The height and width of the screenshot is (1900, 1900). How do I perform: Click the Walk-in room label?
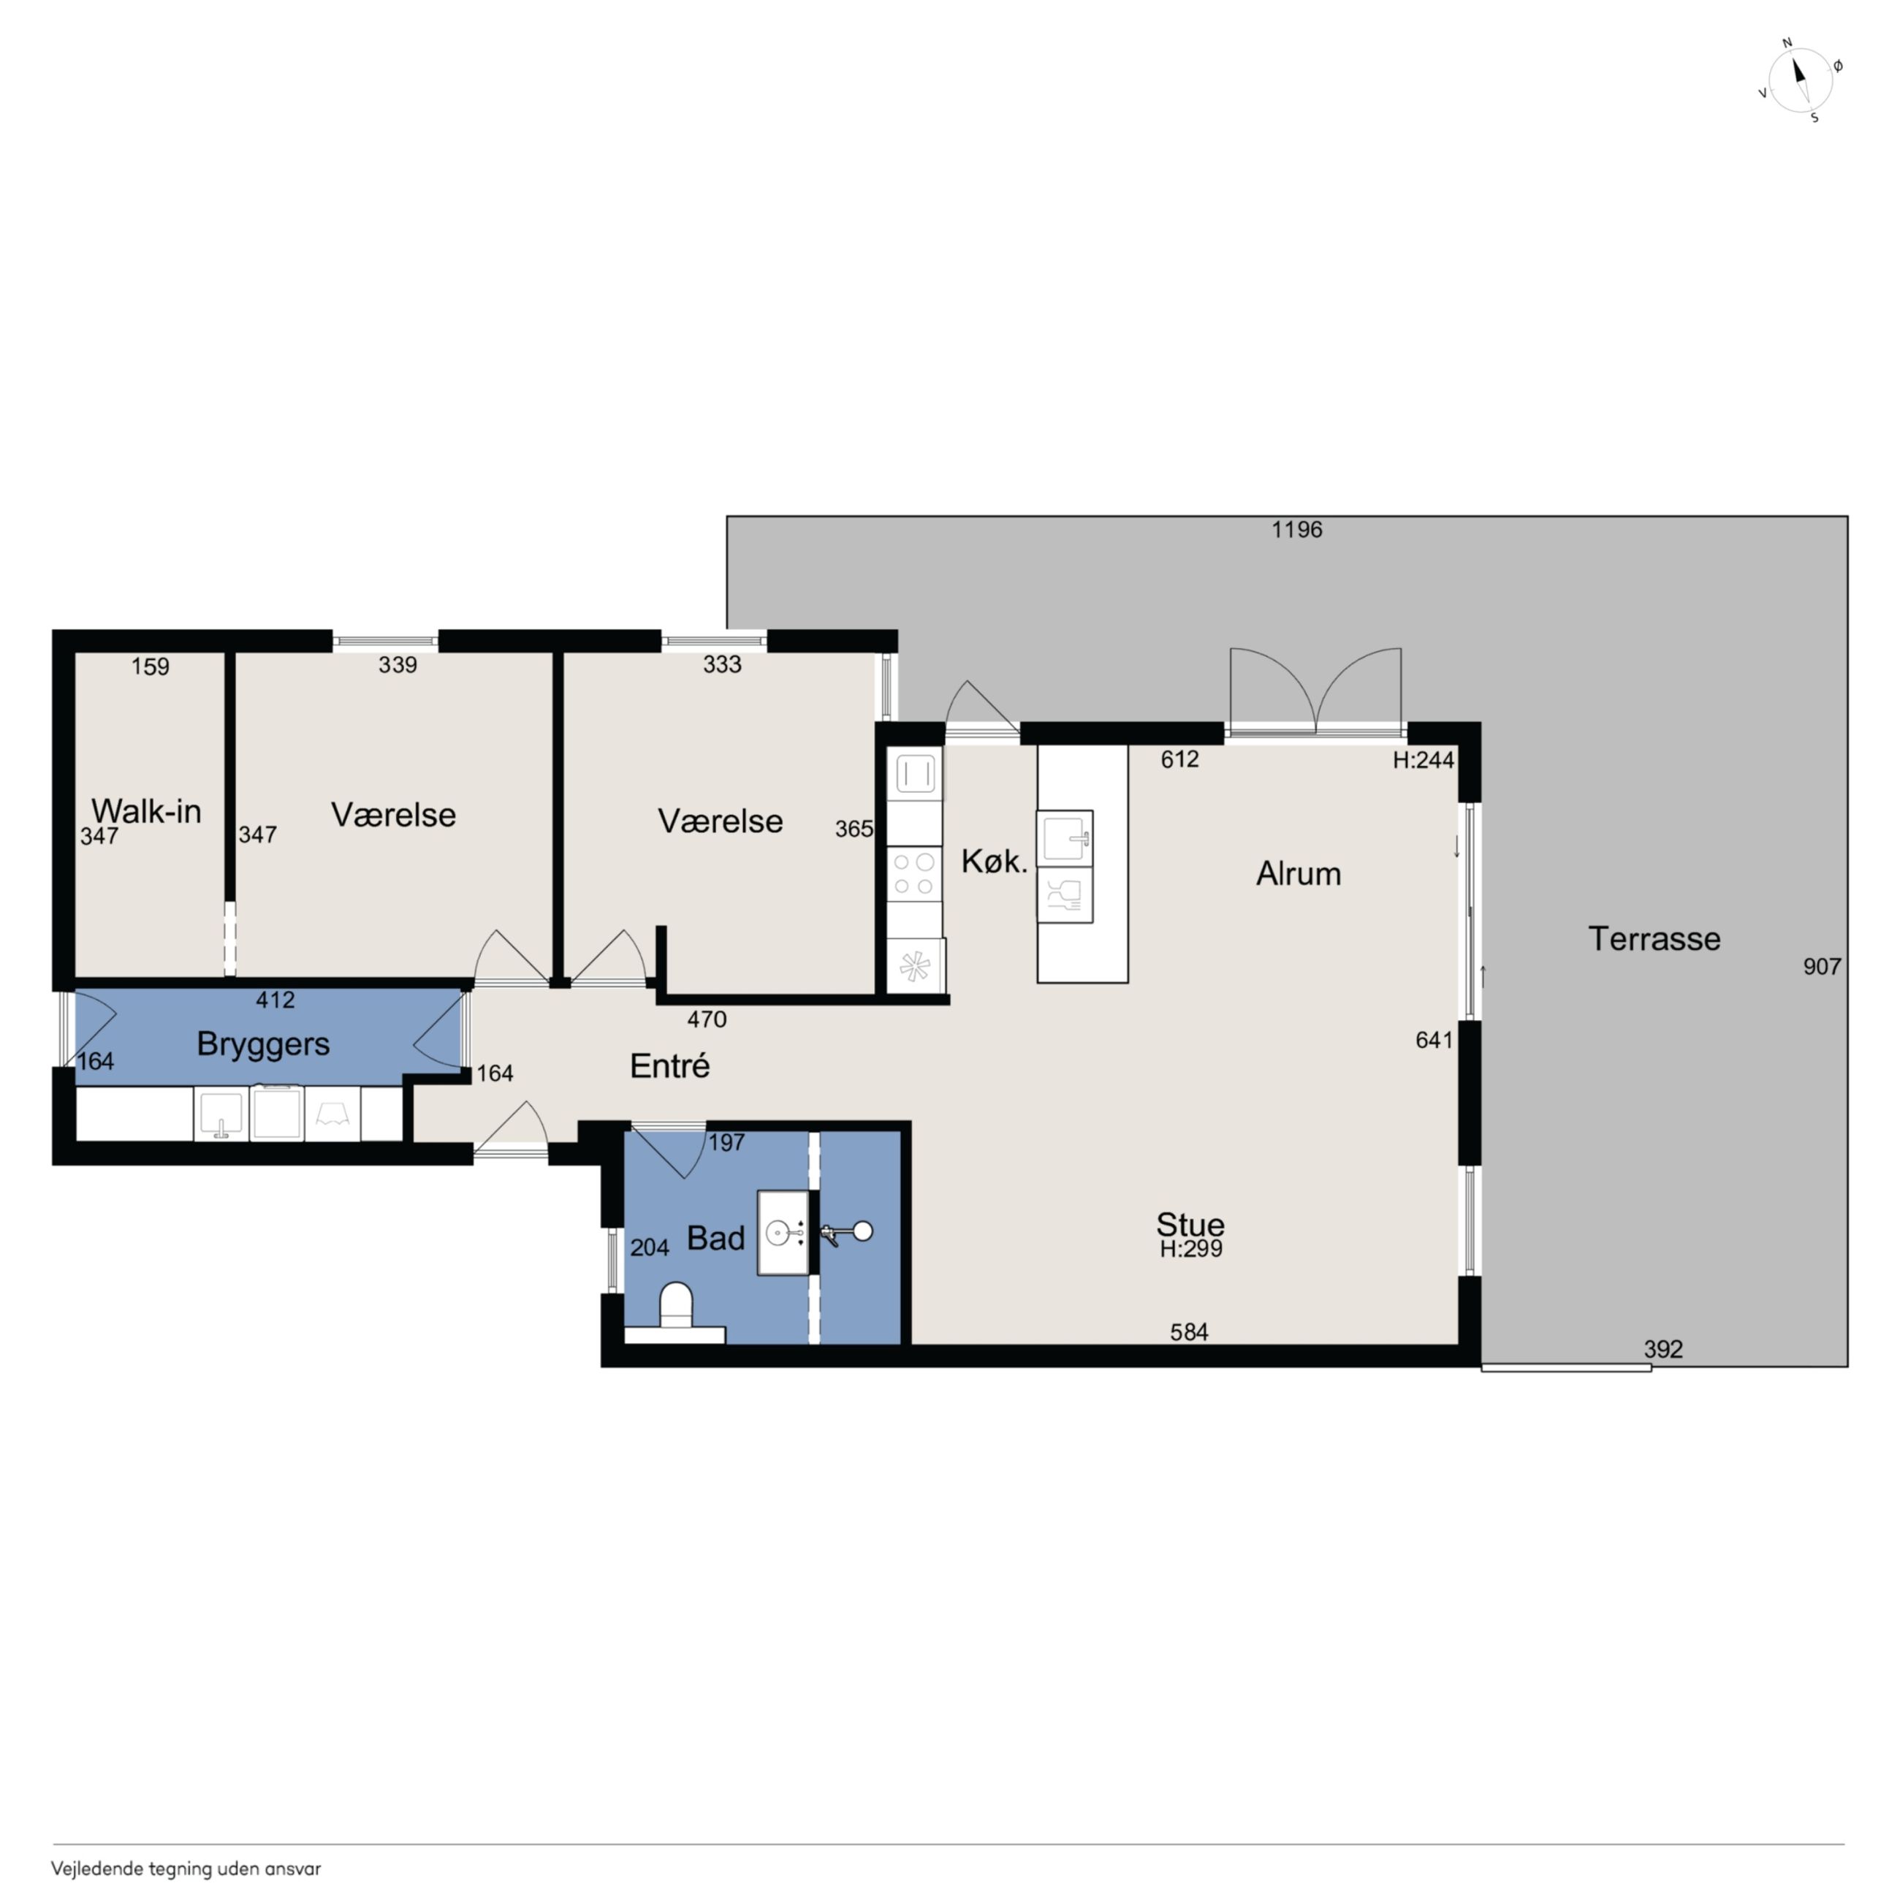147,811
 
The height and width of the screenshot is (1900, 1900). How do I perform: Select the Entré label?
669,1066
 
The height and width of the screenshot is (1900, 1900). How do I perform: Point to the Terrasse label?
1654,938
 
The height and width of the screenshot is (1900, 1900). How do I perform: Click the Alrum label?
1298,873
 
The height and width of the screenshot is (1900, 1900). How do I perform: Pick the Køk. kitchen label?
995,862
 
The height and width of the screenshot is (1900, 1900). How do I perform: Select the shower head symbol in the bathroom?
847,1232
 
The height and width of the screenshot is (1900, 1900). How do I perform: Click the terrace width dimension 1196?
1296,530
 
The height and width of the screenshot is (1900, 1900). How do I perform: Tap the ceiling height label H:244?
1423,759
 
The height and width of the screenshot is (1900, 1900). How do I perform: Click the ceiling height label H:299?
1191,1249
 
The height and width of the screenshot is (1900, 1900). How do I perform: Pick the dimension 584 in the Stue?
1189,1331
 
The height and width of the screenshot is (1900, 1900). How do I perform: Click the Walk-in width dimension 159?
151,666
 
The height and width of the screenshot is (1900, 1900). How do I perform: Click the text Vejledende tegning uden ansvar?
186,1869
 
